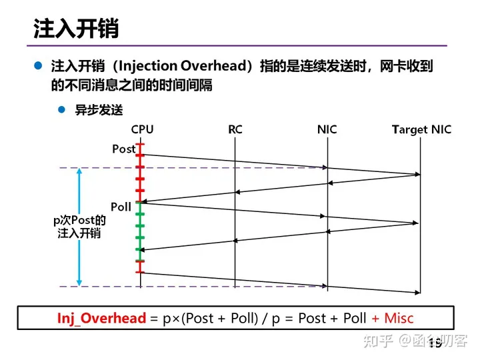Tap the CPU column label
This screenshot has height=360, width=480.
[142, 129]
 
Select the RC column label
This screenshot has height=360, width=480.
[235, 129]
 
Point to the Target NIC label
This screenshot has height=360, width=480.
[421, 129]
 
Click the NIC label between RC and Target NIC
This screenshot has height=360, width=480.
[327, 129]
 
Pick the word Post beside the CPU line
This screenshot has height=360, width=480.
[123, 149]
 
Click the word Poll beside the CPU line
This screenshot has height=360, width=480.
[121, 207]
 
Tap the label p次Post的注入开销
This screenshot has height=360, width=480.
[79, 227]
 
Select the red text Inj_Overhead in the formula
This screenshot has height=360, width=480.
[101, 319]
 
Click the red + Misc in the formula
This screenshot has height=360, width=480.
[393, 319]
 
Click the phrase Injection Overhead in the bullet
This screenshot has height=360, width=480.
[181, 67]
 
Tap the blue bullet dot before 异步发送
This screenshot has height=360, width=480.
[62, 110]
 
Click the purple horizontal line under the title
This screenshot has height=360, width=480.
[240, 46]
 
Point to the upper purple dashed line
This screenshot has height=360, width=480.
[200, 167]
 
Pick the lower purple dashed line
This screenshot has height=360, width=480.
[200, 287]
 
